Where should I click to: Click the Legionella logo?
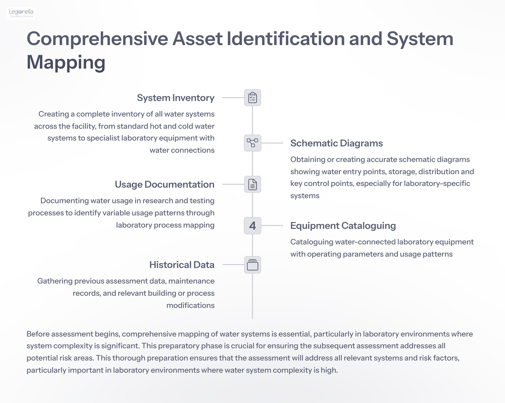point(21,13)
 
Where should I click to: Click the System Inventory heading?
point(176,98)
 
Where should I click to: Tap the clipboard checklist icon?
point(252,98)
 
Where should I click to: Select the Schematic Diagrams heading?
point(336,143)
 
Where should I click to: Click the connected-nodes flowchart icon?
point(252,143)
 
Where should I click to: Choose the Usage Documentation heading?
point(165,185)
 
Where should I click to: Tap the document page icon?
point(252,184)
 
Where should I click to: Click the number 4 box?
point(252,226)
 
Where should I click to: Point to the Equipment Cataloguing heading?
point(343,226)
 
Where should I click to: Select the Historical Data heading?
point(182,265)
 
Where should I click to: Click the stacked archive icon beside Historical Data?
point(252,265)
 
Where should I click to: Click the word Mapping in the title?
point(66,63)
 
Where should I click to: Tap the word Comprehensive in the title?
point(97,39)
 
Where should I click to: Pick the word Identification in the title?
point(286,39)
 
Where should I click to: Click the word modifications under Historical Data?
point(190,305)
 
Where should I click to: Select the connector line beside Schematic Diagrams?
point(272,143)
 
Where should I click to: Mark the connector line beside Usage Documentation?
point(233,184)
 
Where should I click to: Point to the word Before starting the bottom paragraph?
point(38,334)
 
